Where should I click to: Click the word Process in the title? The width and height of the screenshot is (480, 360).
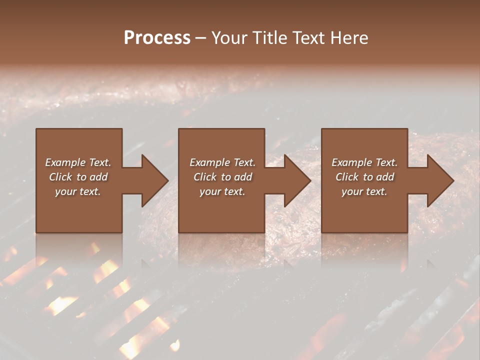point(157,38)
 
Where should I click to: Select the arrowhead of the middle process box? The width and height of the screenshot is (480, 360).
point(297,180)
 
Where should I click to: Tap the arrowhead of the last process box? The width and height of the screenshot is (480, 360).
point(440,180)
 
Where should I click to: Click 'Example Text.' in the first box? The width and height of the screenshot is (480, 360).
point(78,162)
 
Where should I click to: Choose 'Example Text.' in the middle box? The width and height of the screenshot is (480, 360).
point(222,162)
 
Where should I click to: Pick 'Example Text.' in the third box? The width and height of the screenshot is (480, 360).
point(364,162)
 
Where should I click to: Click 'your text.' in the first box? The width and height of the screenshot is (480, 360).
point(78,191)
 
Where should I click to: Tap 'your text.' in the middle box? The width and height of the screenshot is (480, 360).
point(222,191)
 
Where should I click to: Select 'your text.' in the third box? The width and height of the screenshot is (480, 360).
point(364,191)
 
